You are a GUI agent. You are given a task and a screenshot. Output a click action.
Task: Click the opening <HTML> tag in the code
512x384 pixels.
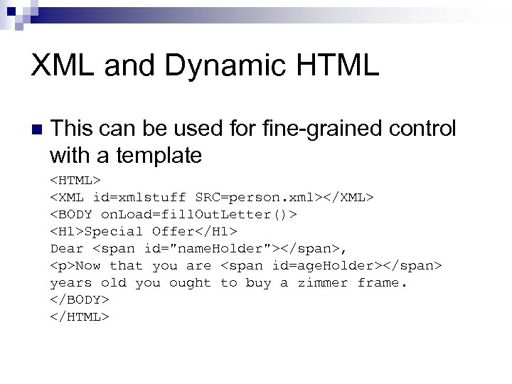point(75,179)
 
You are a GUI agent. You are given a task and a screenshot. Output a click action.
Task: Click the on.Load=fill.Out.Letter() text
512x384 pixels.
point(199,214)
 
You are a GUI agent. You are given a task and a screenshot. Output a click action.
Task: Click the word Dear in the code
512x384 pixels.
point(67,249)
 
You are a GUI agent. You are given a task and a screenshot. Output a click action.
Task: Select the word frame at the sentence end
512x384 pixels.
point(382,283)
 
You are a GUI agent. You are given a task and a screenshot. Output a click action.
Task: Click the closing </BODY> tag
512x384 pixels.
point(80,300)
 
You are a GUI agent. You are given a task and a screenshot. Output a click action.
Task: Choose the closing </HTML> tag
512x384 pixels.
point(80,317)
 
